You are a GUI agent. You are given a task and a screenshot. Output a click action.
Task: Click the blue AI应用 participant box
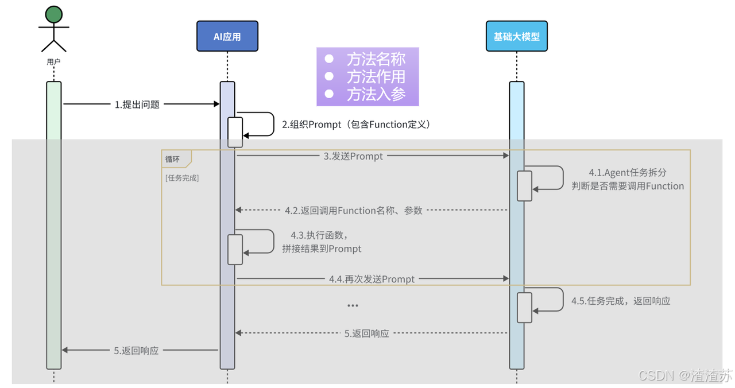tap(227, 36)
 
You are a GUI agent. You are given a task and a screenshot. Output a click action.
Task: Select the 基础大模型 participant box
tap(516, 36)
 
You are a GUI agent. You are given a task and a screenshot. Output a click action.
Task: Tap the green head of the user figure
tap(54, 14)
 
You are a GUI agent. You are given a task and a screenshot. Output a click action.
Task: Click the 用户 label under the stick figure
tap(53, 61)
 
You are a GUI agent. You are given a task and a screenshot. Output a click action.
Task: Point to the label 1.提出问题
tap(137, 104)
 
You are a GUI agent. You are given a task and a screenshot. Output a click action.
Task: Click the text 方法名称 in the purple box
tap(376, 59)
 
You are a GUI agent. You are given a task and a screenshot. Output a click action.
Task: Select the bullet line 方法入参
tap(365, 95)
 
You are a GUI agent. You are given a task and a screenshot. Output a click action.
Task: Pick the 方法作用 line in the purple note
tap(365, 77)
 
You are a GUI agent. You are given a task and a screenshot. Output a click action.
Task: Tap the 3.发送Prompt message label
tap(353, 156)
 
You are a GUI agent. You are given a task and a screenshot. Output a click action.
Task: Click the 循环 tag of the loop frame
tap(173, 160)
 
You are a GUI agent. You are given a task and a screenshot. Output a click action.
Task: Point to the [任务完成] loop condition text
tap(182, 178)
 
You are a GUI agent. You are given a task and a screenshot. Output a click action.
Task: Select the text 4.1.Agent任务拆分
tap(628, 173)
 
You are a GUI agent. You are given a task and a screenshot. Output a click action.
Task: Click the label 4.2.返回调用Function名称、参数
tap(353, 211)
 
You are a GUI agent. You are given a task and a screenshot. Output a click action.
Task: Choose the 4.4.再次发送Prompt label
tap(372, 279)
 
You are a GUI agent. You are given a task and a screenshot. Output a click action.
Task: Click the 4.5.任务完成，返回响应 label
tap(621, 301)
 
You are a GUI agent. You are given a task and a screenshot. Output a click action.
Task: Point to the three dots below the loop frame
tap(353, 306)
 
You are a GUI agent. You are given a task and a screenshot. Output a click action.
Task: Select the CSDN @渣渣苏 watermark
tap(686, 375)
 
